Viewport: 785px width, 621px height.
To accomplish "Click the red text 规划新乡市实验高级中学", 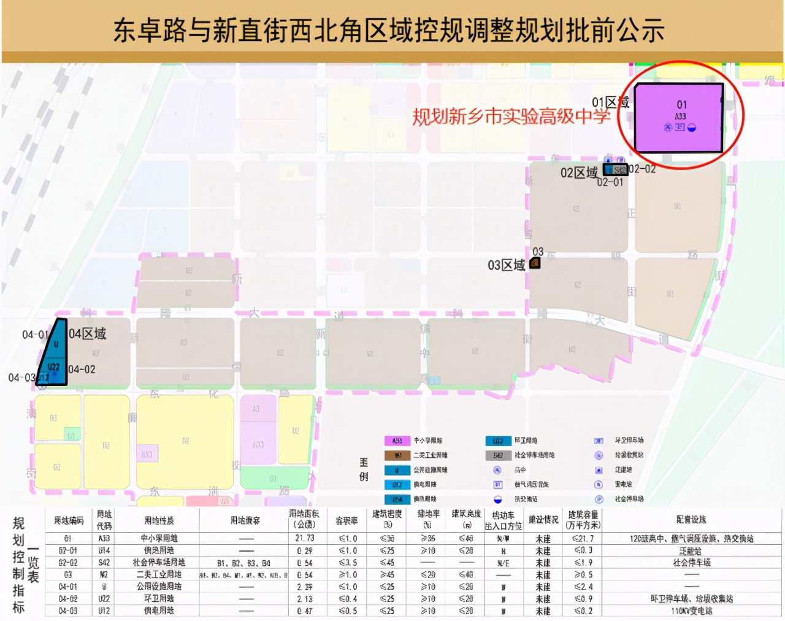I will (510, 115).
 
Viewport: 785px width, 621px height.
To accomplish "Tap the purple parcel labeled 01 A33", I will (679, 117).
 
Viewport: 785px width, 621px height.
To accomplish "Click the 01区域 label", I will (610, 102).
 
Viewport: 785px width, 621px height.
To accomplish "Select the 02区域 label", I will (579, 172).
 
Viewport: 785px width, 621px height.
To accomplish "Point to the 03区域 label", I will (507, 265).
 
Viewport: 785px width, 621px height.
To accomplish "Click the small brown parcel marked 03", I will (535, 263).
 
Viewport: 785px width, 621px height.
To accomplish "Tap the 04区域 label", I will (87, 334).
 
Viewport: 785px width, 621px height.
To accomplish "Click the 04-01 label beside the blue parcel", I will (34, 334).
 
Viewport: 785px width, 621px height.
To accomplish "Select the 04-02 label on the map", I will (82, 369).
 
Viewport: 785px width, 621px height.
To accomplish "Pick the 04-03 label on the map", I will (21, 377).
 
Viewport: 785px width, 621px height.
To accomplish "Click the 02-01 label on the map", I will (610, 182).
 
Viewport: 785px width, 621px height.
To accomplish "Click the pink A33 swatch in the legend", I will (397, 441).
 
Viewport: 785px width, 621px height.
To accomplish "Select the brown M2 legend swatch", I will (397, 455).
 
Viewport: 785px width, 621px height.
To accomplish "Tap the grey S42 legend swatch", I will (498, 455).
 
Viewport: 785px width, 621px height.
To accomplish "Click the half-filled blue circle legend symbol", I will (498, 499).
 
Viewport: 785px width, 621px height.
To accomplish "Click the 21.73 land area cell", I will (304, 538).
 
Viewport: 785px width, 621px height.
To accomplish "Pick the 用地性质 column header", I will (159, 520).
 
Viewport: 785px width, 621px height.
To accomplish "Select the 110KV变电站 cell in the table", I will (691, 611).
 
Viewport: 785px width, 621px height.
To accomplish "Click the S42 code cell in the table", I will (104, 562).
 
